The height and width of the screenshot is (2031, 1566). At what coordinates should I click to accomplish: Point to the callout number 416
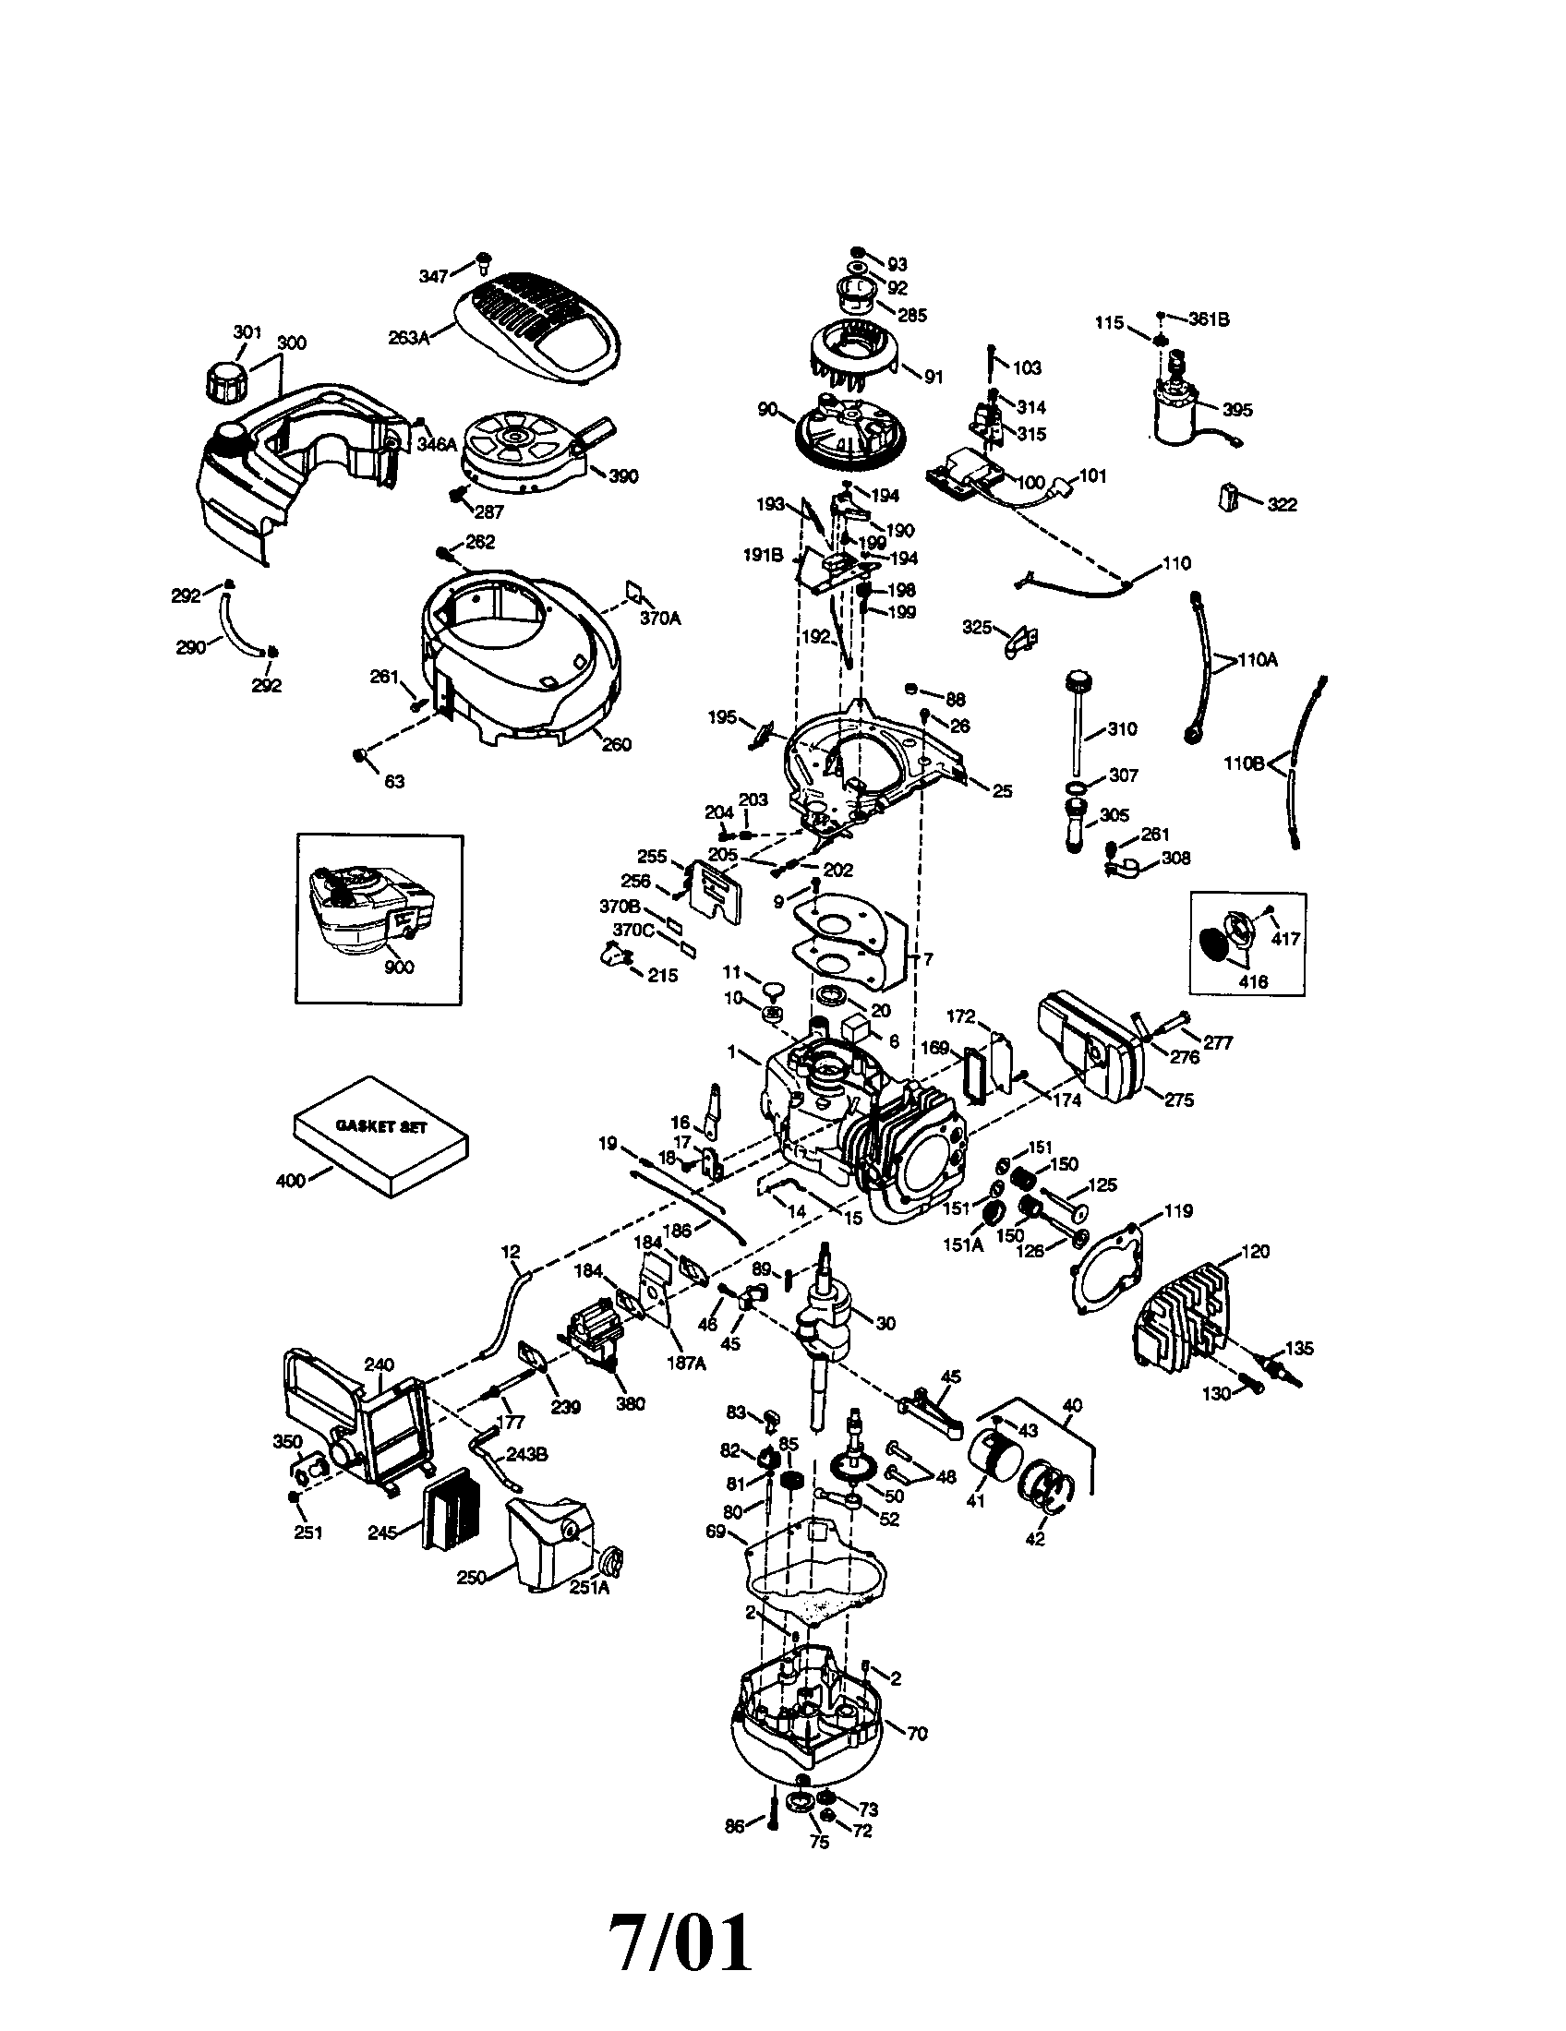[x=1254, y=980]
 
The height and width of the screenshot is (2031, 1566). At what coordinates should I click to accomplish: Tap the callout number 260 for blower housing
[x=616, y=744]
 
